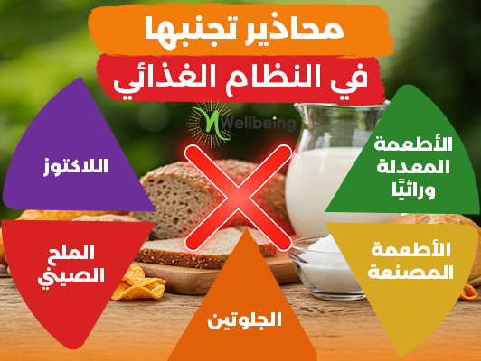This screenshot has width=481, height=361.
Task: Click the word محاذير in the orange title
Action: tap(296, 30)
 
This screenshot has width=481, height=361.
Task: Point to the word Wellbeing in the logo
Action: tap(259, 123)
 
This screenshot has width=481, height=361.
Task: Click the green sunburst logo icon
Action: tap(211, 123)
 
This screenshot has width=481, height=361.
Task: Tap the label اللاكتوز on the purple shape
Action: tap(75, 167)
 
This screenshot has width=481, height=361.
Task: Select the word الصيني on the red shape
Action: tap(71, 275)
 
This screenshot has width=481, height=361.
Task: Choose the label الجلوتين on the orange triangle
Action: tap(244, 320)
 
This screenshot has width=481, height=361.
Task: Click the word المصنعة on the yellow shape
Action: tap(410, 272)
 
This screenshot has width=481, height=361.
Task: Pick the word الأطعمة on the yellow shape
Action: tap(411, 249)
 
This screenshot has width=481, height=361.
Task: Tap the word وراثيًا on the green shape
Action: tap(413, 190)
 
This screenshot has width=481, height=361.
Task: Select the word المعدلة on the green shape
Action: tap(413, 167)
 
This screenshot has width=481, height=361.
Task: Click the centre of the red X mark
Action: tap(238, 198)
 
